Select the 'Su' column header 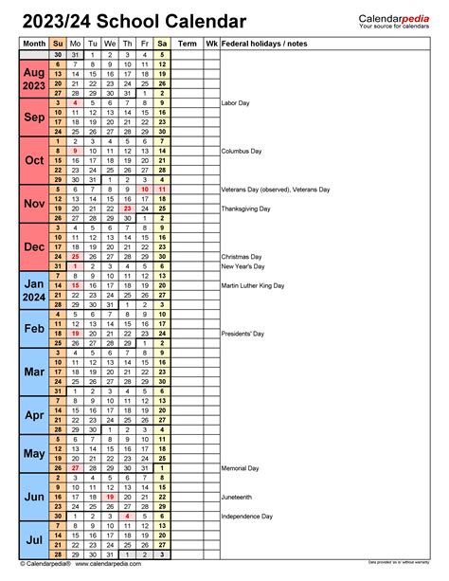(57, 44)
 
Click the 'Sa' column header (162, 44)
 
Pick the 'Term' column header (188, 44)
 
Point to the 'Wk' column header (211, 44)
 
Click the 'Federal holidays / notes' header (264, 44)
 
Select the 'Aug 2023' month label (33, 79)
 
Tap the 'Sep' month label (33, 118)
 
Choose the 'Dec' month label (33, 247)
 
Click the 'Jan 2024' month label (33, 290)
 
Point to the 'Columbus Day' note (242, 151)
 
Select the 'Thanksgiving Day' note (246, 209)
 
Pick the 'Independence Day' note (248, 517)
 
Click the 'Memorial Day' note (241, 468)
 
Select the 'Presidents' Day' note (243, 334)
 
